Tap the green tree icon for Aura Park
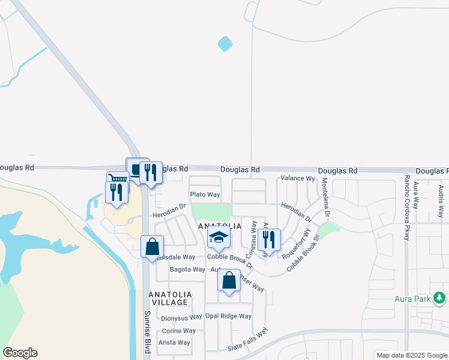pos(439,298)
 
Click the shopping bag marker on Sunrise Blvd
pos(152,246)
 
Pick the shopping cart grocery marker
pos(118,179)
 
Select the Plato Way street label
pos(205,195)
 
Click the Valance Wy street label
pos(298,179)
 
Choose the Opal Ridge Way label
pos(228,316)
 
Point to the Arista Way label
pos(174,343)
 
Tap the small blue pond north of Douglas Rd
pos(225,44)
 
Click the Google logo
pos(20,353)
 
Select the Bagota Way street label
pos(187,269)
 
